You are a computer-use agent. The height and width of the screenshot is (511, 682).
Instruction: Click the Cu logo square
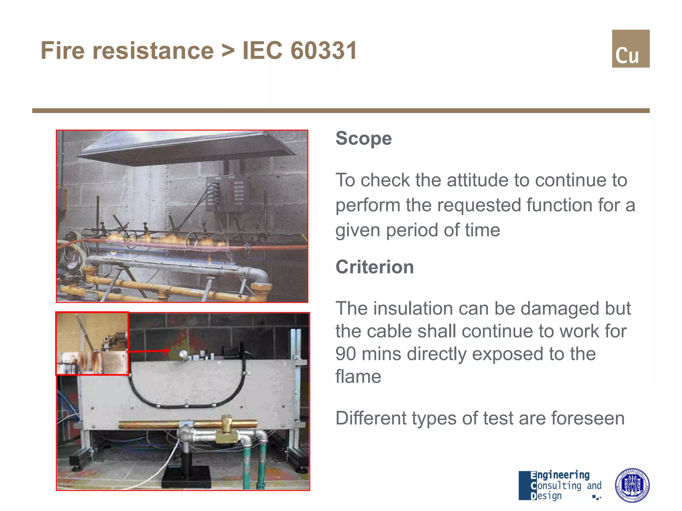click(x=630, y=49)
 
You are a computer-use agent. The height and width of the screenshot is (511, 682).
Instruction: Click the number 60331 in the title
click(x=323, y=51)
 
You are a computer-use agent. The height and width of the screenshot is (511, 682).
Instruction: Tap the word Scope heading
click(x=363, y=138)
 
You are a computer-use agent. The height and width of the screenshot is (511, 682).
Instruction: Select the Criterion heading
click(x=374, y=267)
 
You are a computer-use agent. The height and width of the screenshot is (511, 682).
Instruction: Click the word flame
click(x=358, y=377)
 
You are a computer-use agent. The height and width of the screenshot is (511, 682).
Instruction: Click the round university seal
click(x=632, y=485)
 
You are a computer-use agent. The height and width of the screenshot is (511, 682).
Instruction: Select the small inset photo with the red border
click(x=92, y=343)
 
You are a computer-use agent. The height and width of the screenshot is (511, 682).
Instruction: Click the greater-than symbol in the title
click(x=228, y=51)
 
